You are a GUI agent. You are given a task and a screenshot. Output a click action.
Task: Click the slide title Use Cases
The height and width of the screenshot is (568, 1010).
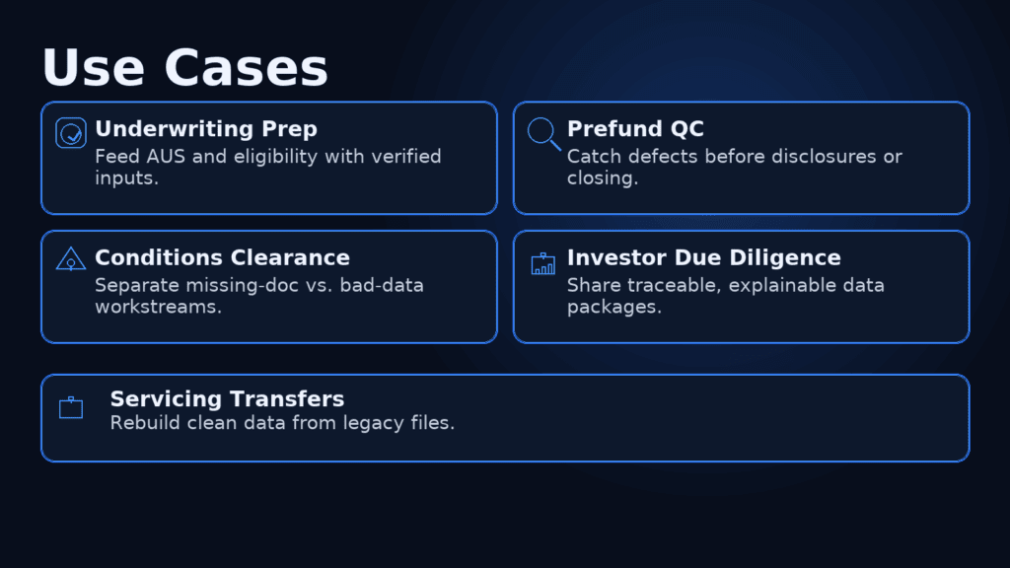click(x=184, y=68)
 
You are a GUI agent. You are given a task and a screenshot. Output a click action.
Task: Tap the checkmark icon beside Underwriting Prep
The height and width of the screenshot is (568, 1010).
click(x=71, y=133)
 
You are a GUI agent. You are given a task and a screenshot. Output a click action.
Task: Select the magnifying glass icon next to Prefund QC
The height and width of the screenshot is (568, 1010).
click(x=544, y=134)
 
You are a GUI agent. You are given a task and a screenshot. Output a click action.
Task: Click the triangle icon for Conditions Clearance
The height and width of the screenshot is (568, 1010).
click(x=71, y=259)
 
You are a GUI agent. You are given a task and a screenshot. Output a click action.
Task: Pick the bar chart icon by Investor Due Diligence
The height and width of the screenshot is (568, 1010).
click(x=543, y=263)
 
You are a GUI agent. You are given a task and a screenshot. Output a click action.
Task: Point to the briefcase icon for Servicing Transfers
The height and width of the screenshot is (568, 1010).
click(x=71, y=407)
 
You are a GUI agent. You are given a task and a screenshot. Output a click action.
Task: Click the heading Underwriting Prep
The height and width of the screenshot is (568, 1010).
click(x=206, y=129)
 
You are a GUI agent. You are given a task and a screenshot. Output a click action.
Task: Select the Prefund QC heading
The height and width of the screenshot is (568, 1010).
click(x=635, y=129)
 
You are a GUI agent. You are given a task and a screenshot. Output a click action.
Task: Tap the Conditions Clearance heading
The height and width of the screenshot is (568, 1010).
click(x=222, y=257)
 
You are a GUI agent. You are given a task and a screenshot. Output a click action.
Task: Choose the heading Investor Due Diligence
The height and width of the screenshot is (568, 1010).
click(x=704, y=257)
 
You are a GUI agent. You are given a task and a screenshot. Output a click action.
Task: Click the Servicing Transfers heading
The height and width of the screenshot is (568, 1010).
click(x=228, y=398)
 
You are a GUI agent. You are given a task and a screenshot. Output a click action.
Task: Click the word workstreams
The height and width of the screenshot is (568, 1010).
click(x=159, y=307)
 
